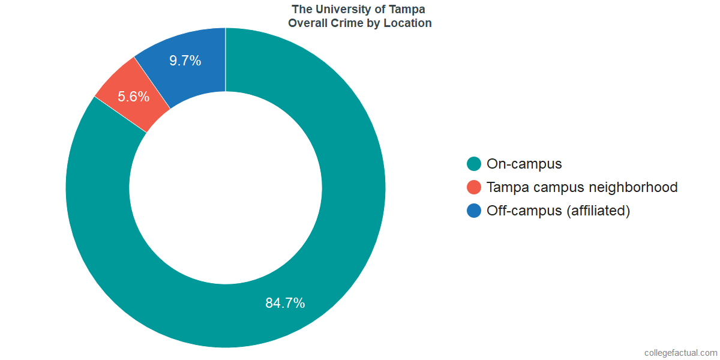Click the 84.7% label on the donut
285,303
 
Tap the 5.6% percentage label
133,97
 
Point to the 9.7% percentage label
185,61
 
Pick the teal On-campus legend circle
474,164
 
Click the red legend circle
474,187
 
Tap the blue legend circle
474,211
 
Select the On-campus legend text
524,164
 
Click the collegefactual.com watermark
680,353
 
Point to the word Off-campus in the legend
524,211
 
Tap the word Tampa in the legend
506,187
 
